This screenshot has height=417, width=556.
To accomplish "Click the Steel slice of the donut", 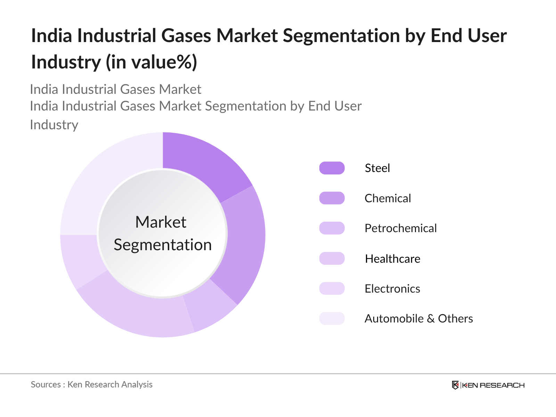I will point(202,163).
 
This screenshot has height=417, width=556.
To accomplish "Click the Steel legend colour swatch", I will point(332,168).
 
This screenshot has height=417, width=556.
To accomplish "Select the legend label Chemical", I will point(387,198).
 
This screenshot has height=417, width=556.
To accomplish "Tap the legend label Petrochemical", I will point(400,228).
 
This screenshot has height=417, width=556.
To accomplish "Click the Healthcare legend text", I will point(392,259).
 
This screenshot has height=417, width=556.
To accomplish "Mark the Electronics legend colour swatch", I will point(332,288).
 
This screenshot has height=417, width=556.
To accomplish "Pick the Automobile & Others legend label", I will point(418,319).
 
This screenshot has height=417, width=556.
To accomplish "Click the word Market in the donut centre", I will point(161,222).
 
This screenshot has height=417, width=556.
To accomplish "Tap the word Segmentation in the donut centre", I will point(163,245).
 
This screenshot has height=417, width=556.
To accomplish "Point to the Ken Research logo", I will point(488,385).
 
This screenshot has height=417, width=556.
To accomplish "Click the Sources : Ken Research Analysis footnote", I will point(92,385).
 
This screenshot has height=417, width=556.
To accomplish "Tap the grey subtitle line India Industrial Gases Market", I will point(115,90).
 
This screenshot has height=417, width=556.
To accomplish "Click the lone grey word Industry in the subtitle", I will point(54,125).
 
